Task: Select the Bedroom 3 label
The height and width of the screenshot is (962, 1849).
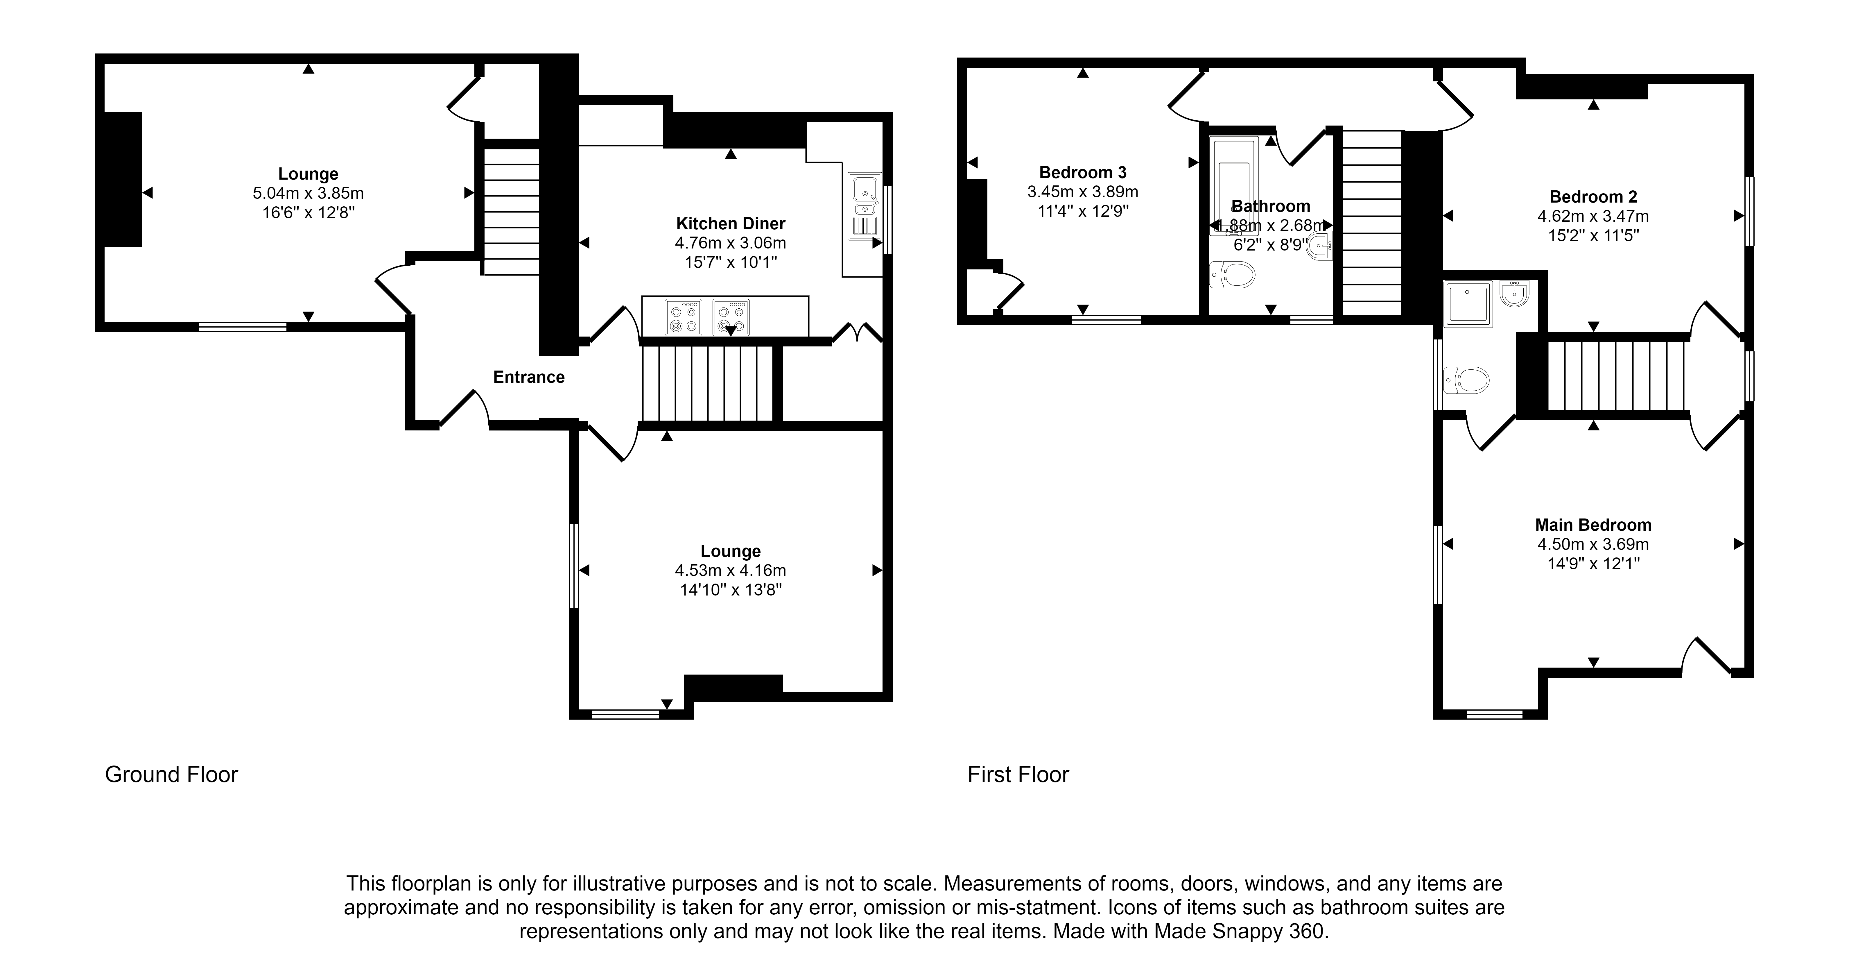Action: click(x=1082, y=172)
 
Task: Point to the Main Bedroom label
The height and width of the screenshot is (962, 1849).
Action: click(x=1593, y=525)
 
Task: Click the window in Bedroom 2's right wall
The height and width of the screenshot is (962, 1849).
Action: click(x=1749, y=212)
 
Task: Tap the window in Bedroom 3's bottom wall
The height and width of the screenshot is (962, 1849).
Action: click(x=1106, y=320)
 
